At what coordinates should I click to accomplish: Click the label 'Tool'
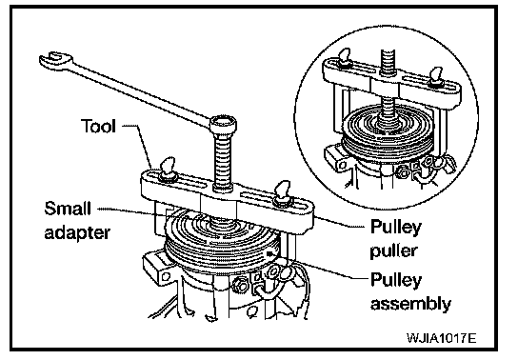tap(98, 126)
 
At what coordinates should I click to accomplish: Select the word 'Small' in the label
tap(68, 209)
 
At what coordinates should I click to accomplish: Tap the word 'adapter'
tap(77, 233)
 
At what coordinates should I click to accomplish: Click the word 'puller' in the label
tap(393, 251)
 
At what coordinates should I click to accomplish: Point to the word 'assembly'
tap(410, 304)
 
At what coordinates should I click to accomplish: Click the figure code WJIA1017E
tap(442, 338)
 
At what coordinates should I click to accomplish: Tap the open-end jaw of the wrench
tap(54, 59)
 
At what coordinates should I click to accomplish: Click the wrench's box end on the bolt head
tap(223, 124)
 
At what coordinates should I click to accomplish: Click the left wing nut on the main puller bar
tap(169, 170)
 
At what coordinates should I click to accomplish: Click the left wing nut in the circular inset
tap(345, 59)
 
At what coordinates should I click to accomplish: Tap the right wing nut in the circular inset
tap(435, 76)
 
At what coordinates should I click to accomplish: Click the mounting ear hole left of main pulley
tap(167, 276)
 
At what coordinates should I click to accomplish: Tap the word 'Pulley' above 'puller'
tap(396, 228)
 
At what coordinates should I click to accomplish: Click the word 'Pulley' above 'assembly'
tap(396, 280)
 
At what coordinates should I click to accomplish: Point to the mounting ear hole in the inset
tap(343, 165)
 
